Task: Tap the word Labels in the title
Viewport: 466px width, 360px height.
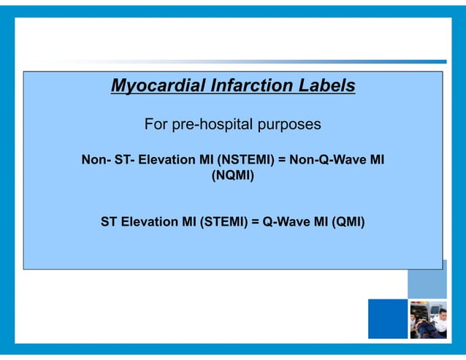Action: (325, 87)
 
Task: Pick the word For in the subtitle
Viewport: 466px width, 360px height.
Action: (156, 125)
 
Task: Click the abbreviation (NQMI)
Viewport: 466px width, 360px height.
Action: (232, 175)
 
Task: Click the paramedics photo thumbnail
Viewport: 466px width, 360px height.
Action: (427, 319)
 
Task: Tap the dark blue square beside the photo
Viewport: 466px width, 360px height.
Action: (387, 319)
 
